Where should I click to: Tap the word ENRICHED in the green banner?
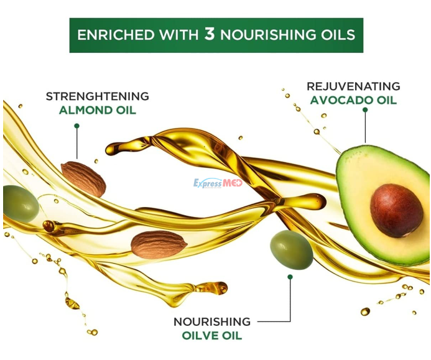[x=116, y=35]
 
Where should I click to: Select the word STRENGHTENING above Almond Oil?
[x=97, y=96]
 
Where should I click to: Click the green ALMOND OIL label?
[x=98, y=111]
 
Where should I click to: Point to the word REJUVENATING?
[x=353, y=86]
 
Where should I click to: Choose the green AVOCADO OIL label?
[x=353, y=100]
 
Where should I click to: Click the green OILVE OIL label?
[x=212, y=336]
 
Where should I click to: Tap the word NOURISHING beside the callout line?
[x=212, y=322]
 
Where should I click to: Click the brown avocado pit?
[x=396, y=211]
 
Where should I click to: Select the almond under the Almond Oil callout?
[x=83, y=179]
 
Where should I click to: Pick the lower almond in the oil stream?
[x=159, y=245]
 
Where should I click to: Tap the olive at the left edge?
[x=21, y=204]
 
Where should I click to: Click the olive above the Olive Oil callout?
[x=291, y=250]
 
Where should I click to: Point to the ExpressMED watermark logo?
[x=218, y=183]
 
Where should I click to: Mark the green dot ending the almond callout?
[x=76, y=126]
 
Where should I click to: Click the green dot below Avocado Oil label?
[x=365, y=109]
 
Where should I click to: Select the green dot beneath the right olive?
[x=290, y=277]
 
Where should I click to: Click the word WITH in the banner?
[x=179, y=35]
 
